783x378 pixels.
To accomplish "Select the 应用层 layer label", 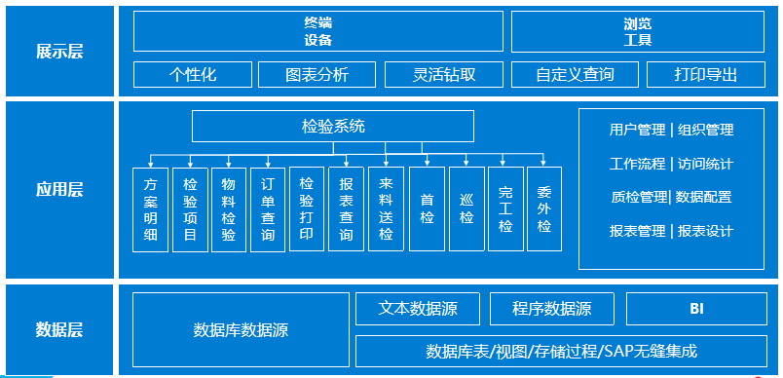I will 58,190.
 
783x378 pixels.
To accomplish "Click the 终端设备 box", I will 318,31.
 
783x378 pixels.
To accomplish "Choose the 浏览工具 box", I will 638,31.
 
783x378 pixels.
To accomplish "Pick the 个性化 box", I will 193,74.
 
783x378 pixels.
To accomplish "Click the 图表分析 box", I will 317,74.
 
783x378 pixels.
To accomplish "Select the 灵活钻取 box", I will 445,74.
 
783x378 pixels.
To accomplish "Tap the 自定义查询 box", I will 575,74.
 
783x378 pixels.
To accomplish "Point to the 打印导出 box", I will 706,74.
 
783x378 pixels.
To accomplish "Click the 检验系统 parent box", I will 333,126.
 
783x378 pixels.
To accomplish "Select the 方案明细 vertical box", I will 150,209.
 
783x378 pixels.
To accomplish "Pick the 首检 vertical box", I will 427,209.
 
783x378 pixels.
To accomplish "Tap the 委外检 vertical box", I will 544,209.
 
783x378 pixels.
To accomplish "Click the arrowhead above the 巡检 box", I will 466,163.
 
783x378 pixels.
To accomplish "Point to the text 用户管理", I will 637,130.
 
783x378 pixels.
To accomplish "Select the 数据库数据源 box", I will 241,329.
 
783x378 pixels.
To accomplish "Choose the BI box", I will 696,309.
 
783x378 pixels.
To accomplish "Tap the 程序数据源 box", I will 552,309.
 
